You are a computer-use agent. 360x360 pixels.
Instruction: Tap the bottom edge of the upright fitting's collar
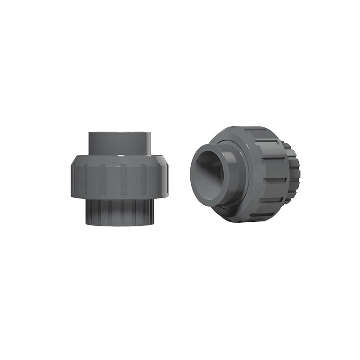tap(119, 225)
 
